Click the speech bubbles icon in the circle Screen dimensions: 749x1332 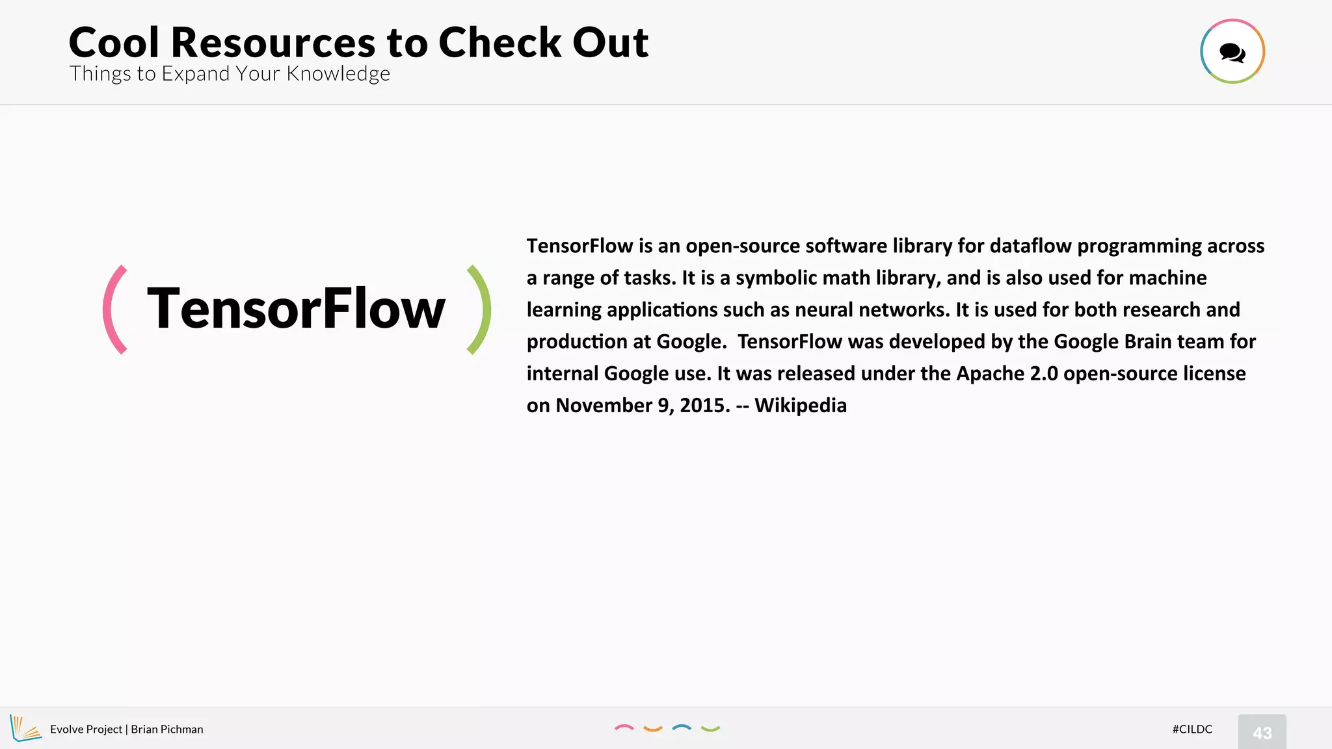[x=1232, y=52]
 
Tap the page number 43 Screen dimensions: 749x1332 [x=1262, y=733]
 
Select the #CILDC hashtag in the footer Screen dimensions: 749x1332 [x=1192, y=729]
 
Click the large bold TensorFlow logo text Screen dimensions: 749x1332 [x=297, y=309]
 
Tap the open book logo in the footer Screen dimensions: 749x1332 [x=25, y=728]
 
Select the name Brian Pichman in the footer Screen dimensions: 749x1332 [x=167, y=729]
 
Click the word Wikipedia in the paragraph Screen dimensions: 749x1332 [x=801, y=405]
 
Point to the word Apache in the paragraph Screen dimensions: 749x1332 [x=990, y=373]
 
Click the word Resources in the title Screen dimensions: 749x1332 [x=273, y=43]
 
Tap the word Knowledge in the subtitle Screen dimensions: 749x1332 [x=338, y=74]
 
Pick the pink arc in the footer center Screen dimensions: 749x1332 [x=624, y=728]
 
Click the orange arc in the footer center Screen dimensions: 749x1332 [x=652, y=729]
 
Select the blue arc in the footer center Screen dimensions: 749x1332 [x=682, y=728]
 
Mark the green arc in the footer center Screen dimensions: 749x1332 [x=710, y=729]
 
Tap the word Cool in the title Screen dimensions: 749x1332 [x=114, y=43]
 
